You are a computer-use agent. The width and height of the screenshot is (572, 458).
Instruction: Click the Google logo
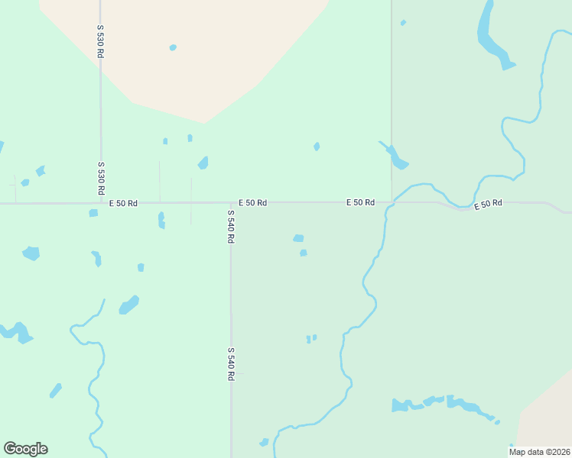tap(25, 449)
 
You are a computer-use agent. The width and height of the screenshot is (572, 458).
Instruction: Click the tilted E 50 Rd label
tap(488, 205)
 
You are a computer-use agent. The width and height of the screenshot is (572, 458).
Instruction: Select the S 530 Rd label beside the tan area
tap(100, 42)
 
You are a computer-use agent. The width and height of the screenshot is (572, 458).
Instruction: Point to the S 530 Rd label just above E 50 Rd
tap(100, 178)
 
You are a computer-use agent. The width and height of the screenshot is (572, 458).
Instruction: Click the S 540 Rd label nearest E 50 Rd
tap(230, 226)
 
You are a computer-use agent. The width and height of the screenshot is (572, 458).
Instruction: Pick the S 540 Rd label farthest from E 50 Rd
tap(230, 364)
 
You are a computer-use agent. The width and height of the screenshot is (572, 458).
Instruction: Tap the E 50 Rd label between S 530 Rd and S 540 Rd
tap(123, 203)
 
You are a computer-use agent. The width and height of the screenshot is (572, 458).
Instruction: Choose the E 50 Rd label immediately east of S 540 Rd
tap(252, 203)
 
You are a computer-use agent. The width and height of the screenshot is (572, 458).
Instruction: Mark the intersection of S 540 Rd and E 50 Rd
tap(231, 203)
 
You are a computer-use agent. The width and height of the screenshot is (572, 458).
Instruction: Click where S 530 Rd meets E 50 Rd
tap(100, 203)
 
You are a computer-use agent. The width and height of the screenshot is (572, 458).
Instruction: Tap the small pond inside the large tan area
tap(173, 47)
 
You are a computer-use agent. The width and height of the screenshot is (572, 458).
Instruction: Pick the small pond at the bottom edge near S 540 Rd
tap(265, 442)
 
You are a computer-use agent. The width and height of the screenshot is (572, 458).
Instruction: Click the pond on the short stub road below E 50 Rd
tap(161, 220)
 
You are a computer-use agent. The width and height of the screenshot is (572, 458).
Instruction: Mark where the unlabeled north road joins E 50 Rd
tap(392, 202)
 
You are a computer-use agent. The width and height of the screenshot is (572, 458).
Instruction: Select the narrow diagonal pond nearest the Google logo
tap(55, 391)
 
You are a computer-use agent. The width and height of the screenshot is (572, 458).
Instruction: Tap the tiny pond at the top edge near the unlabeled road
tap(403, 23)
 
